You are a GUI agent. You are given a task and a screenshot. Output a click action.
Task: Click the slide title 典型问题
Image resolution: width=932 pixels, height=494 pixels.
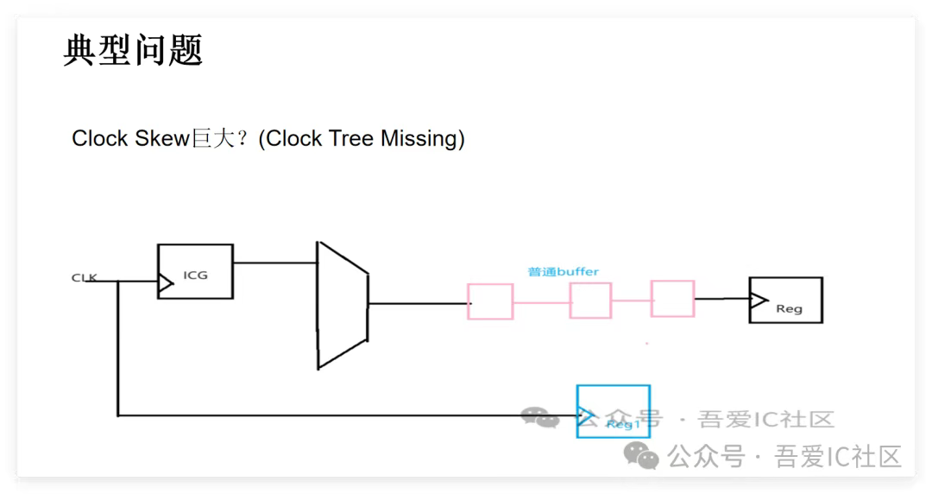(x=133, y=50)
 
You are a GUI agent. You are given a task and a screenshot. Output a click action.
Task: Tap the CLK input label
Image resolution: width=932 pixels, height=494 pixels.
(x=84, y=277)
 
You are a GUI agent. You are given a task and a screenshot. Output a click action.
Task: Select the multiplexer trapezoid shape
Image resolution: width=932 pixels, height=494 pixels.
(x=343, y=305)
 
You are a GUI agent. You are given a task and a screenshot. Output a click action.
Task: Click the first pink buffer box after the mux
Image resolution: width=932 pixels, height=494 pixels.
(x=490, y=301)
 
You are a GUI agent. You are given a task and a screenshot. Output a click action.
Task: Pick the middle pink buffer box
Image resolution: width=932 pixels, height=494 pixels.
(x=590, y=301)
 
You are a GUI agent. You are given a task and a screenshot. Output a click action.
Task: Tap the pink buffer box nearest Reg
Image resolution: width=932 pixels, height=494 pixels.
(x=672, y=299)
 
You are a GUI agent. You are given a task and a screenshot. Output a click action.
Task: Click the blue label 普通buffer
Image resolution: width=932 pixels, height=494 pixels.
(x=563, y=271)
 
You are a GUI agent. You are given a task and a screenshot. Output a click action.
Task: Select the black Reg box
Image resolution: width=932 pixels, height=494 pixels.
(x=786, y=301)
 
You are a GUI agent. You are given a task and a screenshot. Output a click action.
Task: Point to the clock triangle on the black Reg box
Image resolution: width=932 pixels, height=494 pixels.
(x=758, y=300)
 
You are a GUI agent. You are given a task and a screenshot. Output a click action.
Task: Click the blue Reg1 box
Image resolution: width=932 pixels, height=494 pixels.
(x=613, y=411)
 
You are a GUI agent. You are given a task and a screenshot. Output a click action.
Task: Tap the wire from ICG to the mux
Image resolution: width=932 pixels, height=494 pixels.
(x=274, y=262)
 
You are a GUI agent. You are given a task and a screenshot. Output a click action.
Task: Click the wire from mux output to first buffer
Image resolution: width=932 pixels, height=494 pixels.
(x=419, y=303)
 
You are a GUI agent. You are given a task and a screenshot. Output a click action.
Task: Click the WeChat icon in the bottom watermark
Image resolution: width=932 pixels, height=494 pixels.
(x=642, y=455)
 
